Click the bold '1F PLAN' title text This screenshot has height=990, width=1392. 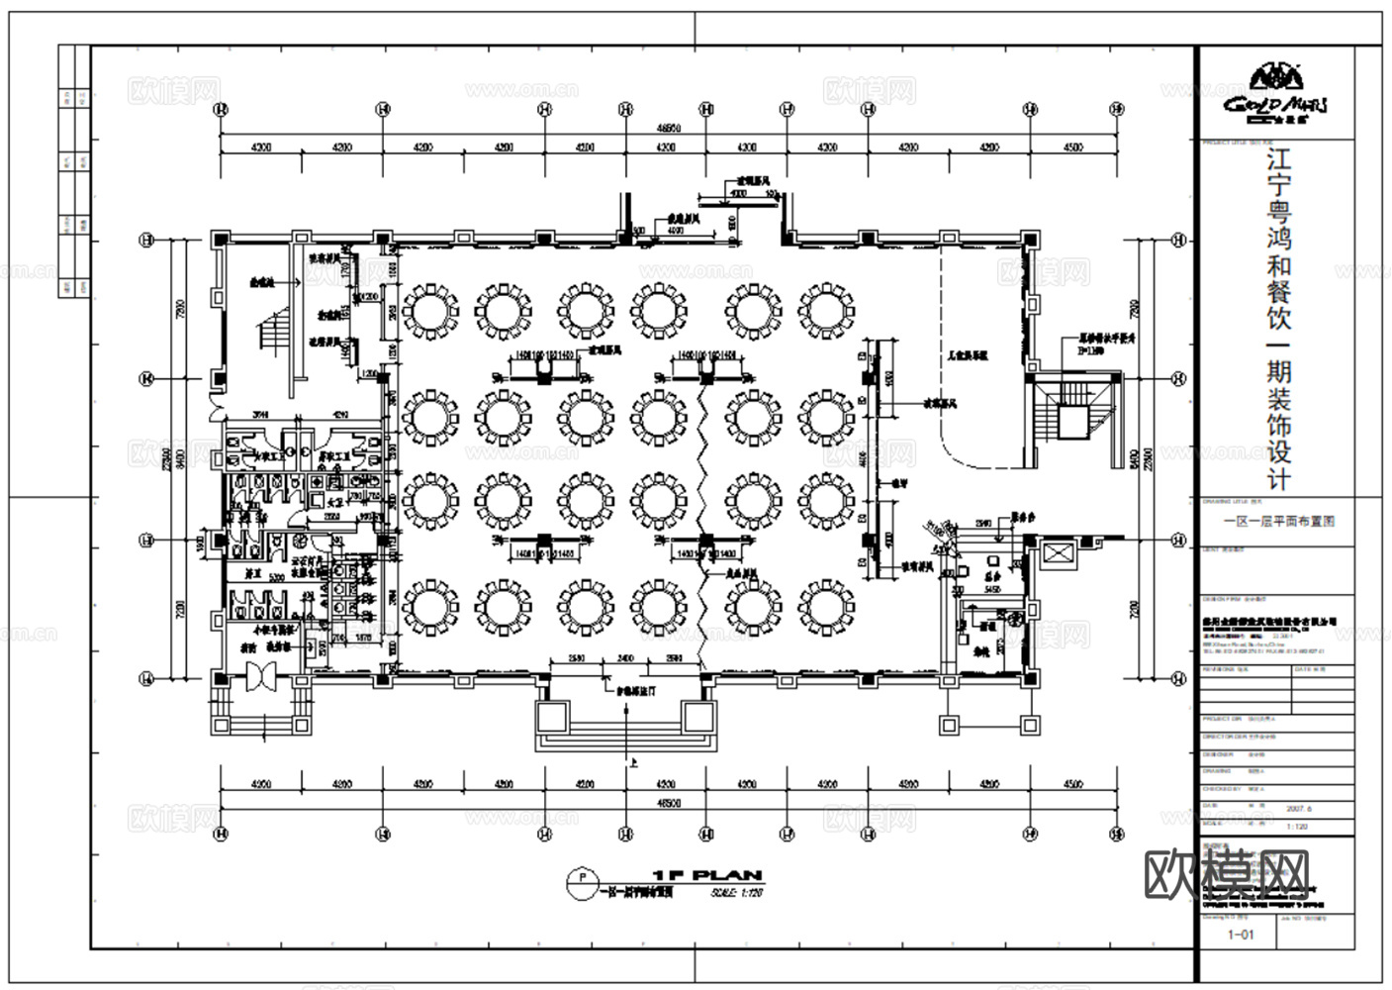pyautogui.click(x=706, y=875)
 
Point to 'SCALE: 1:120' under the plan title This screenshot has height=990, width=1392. pyautogui.click(x=736, y=892)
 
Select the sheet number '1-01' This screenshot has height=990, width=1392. pyautogui.click(x=1240, y=934)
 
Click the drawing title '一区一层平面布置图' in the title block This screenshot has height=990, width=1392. pyautogui.click(x=1279, y=521)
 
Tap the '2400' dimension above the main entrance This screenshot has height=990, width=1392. pyautogui.click(x=625, y=658)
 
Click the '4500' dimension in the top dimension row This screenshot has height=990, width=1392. pyautogui.click(x=1072, y=148)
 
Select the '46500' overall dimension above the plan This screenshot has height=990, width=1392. pyautogui.click(x=669, y=129)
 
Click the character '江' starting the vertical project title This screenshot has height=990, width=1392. pyautogui.click(x=1278, y=162)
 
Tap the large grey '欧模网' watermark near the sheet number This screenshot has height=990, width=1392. pyautogui.click(x=1227, y=874)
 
